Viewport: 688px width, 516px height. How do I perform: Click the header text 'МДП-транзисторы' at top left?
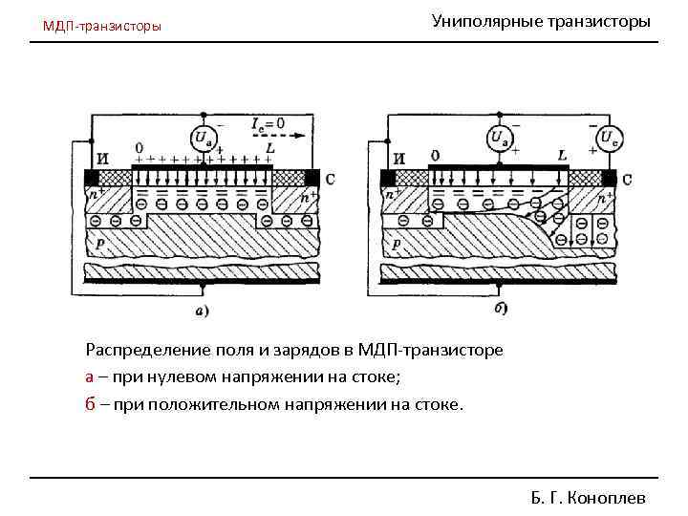point(102,26)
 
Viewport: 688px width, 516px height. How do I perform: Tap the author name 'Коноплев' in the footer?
point(607,498)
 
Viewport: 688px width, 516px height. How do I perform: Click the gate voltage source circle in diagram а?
point(204,140)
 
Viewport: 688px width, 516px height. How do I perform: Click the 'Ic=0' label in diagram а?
point(269,123)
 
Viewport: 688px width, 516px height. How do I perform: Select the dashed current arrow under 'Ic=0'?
point(277,136)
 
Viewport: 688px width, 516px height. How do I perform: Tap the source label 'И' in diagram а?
point(103,159)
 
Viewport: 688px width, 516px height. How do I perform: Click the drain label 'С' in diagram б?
point(626,179)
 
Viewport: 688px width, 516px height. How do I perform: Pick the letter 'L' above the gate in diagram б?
point(562,155)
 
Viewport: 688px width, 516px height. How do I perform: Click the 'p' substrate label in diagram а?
point(100,245)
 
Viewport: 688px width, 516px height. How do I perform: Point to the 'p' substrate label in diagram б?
point(396,245)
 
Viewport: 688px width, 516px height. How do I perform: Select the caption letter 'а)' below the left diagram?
point(203,311)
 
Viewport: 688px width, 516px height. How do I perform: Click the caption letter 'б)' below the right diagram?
point(502,308)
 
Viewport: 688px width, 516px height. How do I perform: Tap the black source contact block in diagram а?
point(92,178)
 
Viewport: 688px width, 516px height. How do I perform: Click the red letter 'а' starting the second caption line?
point(90,377)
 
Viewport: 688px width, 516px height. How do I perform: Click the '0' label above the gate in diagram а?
point(140,148)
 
